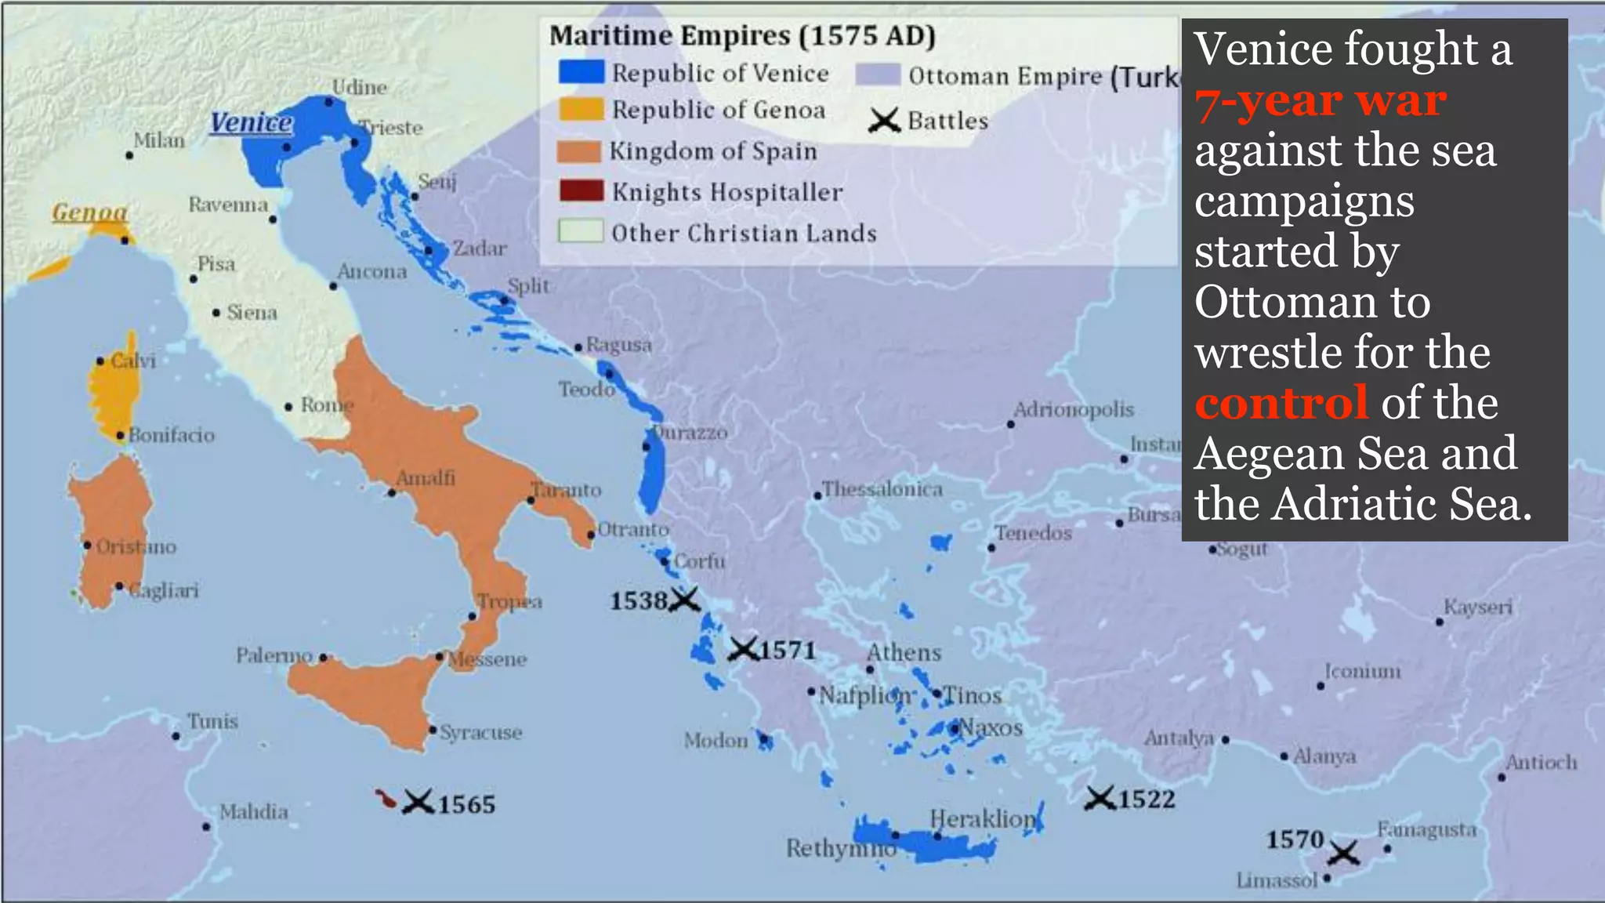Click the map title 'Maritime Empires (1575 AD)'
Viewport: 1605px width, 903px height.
(x=742, y=36)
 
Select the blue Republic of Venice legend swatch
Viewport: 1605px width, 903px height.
(x=581, y=72)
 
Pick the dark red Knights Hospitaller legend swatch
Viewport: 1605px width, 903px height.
(x=581, y=191)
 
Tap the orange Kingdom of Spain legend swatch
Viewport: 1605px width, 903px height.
(x=578, y=150)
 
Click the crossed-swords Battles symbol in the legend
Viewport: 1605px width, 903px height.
(x=884, y=121)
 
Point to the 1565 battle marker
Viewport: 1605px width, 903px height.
(x=418, y=802)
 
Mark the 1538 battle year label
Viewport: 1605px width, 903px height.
(x=638, y=601)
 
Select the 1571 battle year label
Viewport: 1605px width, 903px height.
(x=788, y=651)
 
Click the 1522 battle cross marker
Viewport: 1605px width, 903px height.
(x=1100, y=799)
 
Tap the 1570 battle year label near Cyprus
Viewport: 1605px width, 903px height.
(x=1295, y=840)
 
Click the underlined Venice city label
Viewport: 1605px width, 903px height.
(x=251, y=123)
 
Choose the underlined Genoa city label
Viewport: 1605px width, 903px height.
(x=89, y=212)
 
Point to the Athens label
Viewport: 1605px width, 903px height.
(x=904, y=652)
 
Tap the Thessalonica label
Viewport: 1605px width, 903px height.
(x=882, y=489)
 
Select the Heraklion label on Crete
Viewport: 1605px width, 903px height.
(x=983, y=818)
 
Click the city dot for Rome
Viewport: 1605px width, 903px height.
(x=288, y=407)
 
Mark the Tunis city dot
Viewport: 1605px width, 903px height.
(x=176, y=736)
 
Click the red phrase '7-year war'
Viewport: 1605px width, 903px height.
(x=1321, y=101)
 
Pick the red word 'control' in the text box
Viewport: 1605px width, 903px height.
(x=1281, y=403)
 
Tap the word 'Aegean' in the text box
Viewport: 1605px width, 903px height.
(x=1272, y=454)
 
